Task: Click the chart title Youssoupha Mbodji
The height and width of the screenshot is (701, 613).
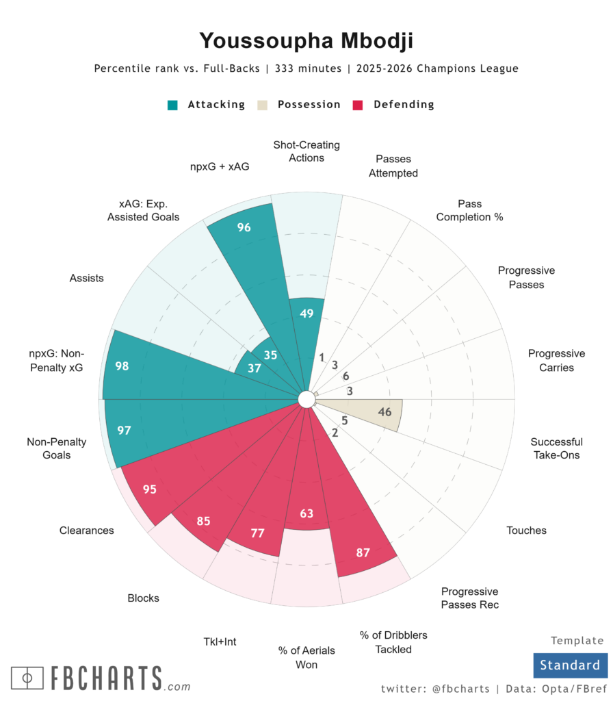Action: pyautogui.click(x=306, y=41)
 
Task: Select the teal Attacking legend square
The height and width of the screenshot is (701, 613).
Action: pyautogui.click(x=172, y=105)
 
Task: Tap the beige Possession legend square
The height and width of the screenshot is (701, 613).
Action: pyautogui.click(x=262, y=105)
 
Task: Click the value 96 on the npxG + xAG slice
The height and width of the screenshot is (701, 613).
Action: pyautogui.click(x=244, y=228)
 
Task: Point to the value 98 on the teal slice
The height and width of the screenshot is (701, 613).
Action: pyautogui.click(x=122, y=366)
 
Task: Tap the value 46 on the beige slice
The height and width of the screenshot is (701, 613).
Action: pyautogui.click(x=385, y=412)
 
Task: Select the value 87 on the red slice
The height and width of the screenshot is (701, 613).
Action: pyautogui.click(x=363, y=552)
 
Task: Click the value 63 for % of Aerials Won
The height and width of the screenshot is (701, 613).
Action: pyautogui.click(x=306, y=513)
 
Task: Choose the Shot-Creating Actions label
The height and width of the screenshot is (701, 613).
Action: pyautogui.click(x=306, y=151)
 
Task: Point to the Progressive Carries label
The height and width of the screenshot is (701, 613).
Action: pyautogui.click(x=556, y=361)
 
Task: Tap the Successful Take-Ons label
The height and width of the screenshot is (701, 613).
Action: pyautogui.click(x=556, y=448)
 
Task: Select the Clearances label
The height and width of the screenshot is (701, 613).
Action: pyautogui.click(x=87, y=531)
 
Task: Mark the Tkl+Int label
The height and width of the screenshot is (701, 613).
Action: pyautogui.click(x=220, y=642)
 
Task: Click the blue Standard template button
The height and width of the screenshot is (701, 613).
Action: pyautogui.click(x=569, y=665)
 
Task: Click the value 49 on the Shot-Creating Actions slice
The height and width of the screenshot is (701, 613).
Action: pyautogui.click(x=306, y=314)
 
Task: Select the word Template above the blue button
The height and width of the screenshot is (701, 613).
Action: pyautogui.click(x=577, y=641)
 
